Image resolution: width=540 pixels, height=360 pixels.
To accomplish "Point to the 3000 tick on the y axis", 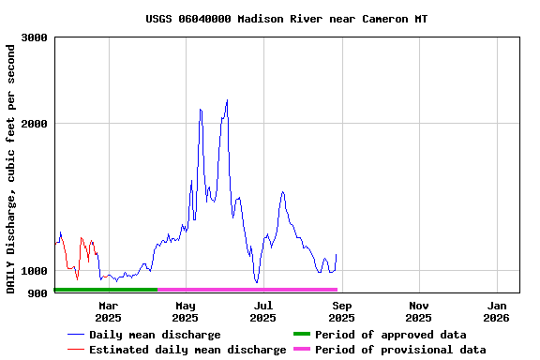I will pyautogui.click(x=35, y=37).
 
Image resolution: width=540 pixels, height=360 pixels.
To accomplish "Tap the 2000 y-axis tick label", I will pyautogui.click(x=35, y=124).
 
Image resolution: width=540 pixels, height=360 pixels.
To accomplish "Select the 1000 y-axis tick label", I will pyautogui.click(x=35, y=271).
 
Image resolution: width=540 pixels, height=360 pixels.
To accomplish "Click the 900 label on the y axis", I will pyautogui.click(x=38, y=293).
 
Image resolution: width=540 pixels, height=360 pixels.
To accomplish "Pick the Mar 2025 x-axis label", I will pyautogui.click(x=108, y=311).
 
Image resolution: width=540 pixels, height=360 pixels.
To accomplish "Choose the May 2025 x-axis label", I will pyautogui.click(x=186, y=311).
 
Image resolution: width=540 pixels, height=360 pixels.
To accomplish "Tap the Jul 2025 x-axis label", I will pyautogui.click(x=263, y=311).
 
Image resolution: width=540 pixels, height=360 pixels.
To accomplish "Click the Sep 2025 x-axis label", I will pyautogui.click(x=341, y=311).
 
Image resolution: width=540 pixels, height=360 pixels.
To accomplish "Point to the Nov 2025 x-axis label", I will pyautogui.click(x=419, y=311).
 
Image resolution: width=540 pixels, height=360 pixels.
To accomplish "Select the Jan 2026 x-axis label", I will pyautogui.click(x=497, y=311).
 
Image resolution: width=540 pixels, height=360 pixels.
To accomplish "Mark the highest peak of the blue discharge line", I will pyautogui.click(x=227, y=100).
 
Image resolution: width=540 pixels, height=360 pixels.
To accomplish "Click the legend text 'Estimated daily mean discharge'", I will pyautogui.click(x=187, y=350).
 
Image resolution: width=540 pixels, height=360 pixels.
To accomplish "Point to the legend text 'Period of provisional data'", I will pyautogui.click(x=400, y=350).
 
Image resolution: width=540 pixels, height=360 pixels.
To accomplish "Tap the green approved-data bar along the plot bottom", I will pyautogui.click(x=105, y=290).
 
